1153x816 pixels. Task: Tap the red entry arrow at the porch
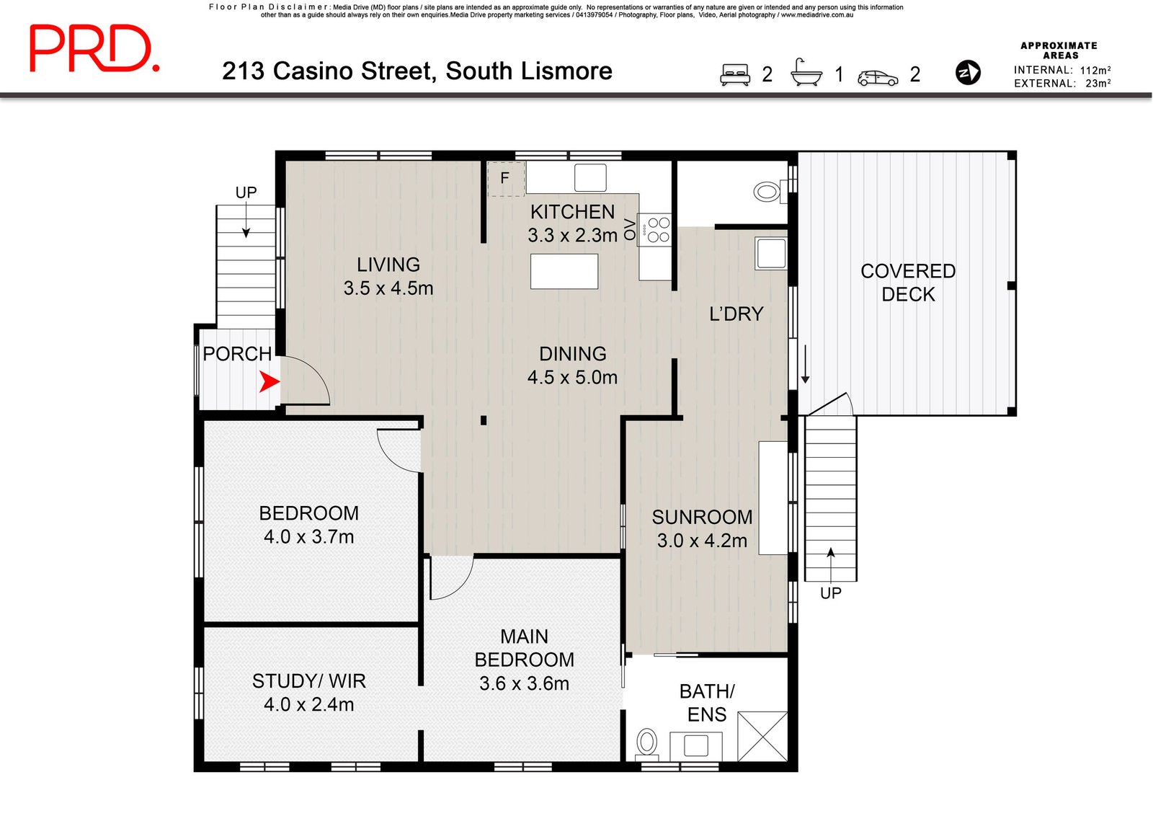pyautogui.click(x=270, y=381)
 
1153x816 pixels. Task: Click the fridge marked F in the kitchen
pyautogui.click(x=506, y=179)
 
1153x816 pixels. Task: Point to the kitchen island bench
pyautogui.click(x=564, y=271)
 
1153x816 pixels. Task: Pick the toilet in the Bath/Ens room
pyautogui.click(x=646, y=744)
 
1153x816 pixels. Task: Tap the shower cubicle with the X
pyautogui.click(x=762, y=736)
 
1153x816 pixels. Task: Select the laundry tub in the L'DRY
pyautogui.click(x=770, y=253)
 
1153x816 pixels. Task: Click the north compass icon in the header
pyautogui.click(x=968, y=72)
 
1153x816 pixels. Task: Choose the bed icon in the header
pyautogui.click(x=734, y=74)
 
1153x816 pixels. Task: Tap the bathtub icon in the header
pyautogui.click(x=806, y=72)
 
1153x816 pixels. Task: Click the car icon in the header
pyautogui.click(x=878, y=78)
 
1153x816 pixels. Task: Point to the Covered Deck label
pyautogui.click(x=908, y=283)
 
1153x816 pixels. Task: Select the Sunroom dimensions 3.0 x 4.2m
pyautogui.click(x=702, y=541)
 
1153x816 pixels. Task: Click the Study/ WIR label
pyautogui.click(x=309, y=681)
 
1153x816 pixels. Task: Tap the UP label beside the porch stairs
pyautogui.click(x=246, y=192)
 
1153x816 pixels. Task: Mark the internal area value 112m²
pyautogui.click(x=1095, y=70)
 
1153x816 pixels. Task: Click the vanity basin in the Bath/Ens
pyautogui.click(x=696, y=745)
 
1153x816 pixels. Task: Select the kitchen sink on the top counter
pyautogui.click(x=590, y=177)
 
